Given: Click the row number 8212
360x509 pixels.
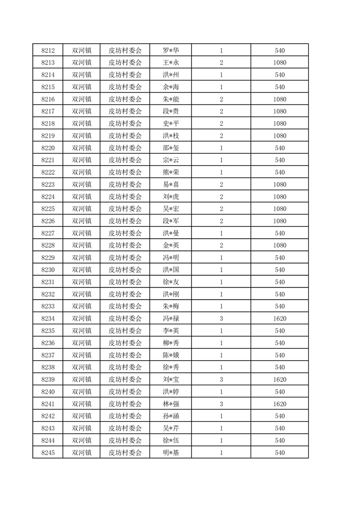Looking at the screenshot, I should pyautogui.click(x=48, y=50).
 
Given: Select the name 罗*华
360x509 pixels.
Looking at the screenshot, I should pyautogui.click(x=171, y=50).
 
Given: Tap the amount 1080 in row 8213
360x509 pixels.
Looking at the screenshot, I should pyautogui.click(x=280, y=63).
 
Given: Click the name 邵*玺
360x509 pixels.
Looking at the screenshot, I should pyautogui.click(x=171, y=148).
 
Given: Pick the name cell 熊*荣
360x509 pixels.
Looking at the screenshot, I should pyautogui.click(x=171, y=172).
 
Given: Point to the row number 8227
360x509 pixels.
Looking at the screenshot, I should pyautogui.click(x=48, y=233).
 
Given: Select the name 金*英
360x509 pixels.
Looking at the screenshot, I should pyautogui.click(x=171, y=245).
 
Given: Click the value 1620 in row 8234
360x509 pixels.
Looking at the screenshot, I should pyautogui.click(x=280, y=318).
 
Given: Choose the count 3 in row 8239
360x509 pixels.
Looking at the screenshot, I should pyautogui.click(x=221, y=379).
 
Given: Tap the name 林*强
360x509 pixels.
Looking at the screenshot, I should pyautogui.click(x=171, y=404).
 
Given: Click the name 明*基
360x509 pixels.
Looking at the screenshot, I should pyautogui.click(x=171, y=453).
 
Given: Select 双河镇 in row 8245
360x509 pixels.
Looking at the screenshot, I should pyautogui.click(x=82, y=453).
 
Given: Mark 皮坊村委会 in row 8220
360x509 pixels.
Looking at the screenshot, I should pyautogui.click(x=125, y=148).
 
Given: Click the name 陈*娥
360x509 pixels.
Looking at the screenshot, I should pyautogui.click(x=171, y=355).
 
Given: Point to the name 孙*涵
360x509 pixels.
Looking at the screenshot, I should pyautogui.click(x=171, y=416).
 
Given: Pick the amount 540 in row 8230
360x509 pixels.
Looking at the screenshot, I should pyautogui.click(x=280, y=270).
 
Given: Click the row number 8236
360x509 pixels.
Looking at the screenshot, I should pyautogui.click(x=48, y=343).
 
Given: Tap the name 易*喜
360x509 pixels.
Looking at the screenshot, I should pyautogui.click(x=171, y=185).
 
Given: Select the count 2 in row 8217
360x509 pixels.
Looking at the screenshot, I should pyautogui.click(x=221, y=111).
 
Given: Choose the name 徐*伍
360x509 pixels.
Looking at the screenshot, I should pyautogui.click(x=171, y=440).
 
